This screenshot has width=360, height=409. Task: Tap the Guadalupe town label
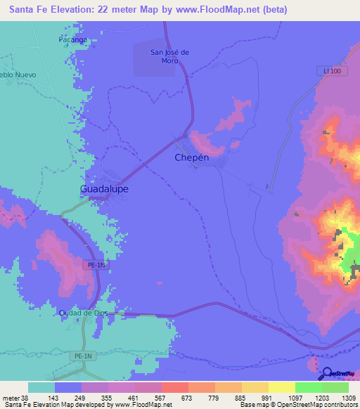[104, 189]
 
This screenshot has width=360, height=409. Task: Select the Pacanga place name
[72, 40]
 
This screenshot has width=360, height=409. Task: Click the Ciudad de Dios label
[86, 313]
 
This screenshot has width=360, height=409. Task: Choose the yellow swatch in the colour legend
[281, 387]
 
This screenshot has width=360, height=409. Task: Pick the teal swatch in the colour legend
[41, 387]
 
